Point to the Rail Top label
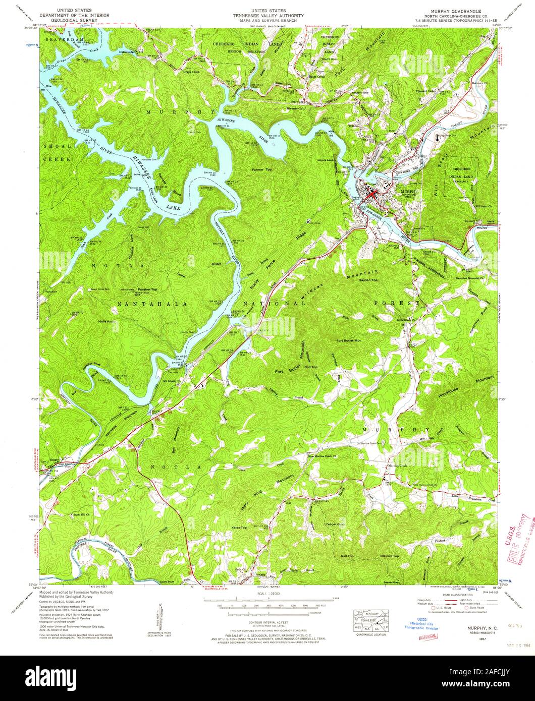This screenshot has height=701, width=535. click(347, 556)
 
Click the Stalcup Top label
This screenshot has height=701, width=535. click(389, 556)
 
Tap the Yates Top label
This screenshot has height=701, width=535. click(239, 528)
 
